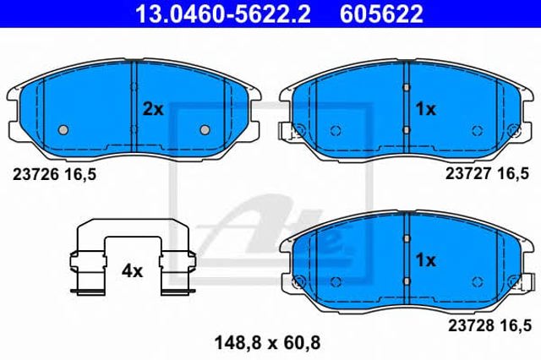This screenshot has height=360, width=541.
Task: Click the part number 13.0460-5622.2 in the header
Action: click(x=223, y=14)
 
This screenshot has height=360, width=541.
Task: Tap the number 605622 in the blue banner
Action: click(x=381, y=14)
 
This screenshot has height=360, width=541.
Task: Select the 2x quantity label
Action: click(x=153, y=109)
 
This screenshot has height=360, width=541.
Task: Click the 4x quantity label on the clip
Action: click(x=132, y=271)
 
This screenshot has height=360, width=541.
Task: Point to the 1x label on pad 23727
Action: click(x=426, y=110)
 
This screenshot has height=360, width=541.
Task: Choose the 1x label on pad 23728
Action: click(x=426, y=260)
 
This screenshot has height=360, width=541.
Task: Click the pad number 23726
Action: click(x=36, y=175)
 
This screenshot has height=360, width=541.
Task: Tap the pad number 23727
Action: click(x=468, y=173)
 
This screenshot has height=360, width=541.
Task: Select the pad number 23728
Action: click(x=471, y=325)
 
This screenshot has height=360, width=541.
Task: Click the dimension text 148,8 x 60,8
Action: click(x=267, y=343)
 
